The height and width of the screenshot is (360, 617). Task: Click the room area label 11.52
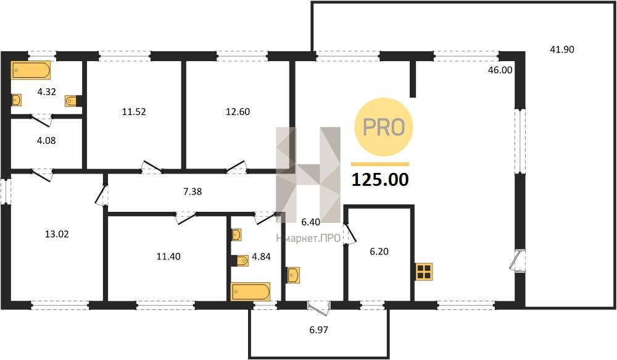click(134, 112)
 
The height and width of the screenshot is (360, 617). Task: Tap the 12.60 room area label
click(238, 112)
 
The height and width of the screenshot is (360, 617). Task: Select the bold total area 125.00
click(380, 180)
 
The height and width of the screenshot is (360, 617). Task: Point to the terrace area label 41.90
click(562, 49)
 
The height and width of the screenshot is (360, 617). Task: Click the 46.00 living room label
click(500, 70)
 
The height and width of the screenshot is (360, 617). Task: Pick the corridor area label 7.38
click(193, 192)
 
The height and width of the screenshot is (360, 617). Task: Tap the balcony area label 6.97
click(319, 330)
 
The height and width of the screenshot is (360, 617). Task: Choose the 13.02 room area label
click(57, 235)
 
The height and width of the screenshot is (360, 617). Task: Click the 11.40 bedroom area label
click(168, 257)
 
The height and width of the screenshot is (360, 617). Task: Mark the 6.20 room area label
click(379, 252)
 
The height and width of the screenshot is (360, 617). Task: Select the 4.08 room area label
click(46, 141)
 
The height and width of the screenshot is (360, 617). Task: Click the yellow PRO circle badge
click(384, 127)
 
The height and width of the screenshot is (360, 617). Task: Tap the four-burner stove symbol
click(424, 272)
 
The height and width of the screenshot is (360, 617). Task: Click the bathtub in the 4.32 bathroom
click(31, 70)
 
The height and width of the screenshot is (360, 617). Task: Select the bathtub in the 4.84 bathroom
click(251, 292)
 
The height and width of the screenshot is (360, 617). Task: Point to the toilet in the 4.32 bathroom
click(72, 101)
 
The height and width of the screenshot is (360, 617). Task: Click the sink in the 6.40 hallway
click(294, 275)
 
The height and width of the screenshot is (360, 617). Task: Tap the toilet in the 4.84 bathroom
click(239, 261)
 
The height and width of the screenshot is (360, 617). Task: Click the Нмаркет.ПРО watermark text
click(308, 239)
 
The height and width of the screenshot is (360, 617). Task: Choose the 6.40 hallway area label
click(311, 222)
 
